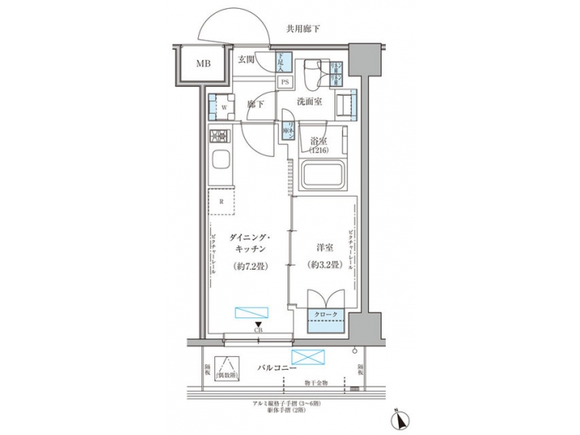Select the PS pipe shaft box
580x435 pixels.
(x=285, y=81)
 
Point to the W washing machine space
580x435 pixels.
(x=218, y=105)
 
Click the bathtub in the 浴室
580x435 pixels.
(x=322, y=175)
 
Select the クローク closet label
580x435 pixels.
(x=325, y=314)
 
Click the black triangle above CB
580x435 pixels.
(x=258, y=324)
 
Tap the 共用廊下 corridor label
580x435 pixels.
(x=303, y=29)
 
